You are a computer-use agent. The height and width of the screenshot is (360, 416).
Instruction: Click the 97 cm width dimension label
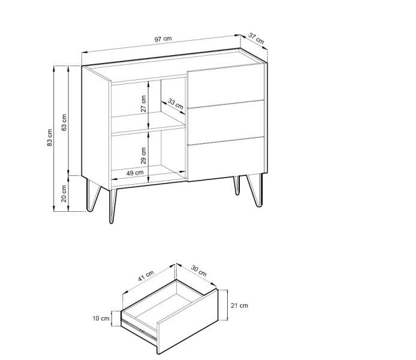click(163, 39)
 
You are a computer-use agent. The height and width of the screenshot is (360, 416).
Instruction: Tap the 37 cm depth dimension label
click(257, 38)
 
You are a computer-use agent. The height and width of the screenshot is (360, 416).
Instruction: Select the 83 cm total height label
click(50, 137)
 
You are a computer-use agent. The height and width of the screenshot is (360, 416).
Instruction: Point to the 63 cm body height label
click(64, 122)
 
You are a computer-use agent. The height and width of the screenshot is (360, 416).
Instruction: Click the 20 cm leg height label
click(64, 194)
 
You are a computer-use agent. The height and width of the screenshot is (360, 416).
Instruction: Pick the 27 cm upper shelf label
click(143, 104)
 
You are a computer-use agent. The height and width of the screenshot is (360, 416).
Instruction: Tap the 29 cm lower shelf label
click(143, 155)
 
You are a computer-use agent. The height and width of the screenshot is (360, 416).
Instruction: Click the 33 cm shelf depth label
click(176, 104)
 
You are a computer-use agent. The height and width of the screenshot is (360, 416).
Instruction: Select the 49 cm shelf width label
click(135, 173)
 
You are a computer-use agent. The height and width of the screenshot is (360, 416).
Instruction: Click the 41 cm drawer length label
click(146, 276)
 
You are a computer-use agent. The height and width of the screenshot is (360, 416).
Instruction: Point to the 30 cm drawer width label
click(199, 271)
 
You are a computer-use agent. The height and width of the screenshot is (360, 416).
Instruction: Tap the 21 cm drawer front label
click(239, 305)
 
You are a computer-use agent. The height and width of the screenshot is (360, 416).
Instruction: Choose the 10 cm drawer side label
click(101, 318)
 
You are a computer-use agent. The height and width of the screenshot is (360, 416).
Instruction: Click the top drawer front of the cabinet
click(226, 85)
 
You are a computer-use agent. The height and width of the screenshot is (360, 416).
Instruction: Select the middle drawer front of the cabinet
click(226, 122)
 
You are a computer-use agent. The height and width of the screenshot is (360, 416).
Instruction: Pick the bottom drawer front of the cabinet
click(226, 159)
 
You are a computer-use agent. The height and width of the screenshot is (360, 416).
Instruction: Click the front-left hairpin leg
click(113, 206)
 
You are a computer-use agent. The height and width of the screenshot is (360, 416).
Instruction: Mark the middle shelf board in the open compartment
click(148, 122)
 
